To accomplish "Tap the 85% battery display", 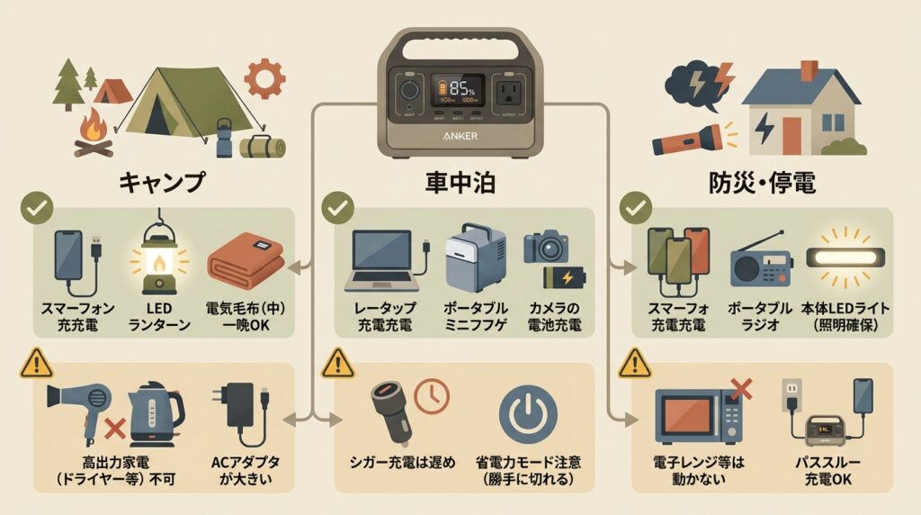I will pos(460,90).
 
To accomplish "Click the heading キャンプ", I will pos(163,184).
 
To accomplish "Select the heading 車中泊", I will pos(461,184).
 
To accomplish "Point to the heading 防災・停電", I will pos(758,184).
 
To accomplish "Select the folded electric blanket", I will pos(245,263).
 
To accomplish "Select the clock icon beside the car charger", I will pos(432,393).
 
